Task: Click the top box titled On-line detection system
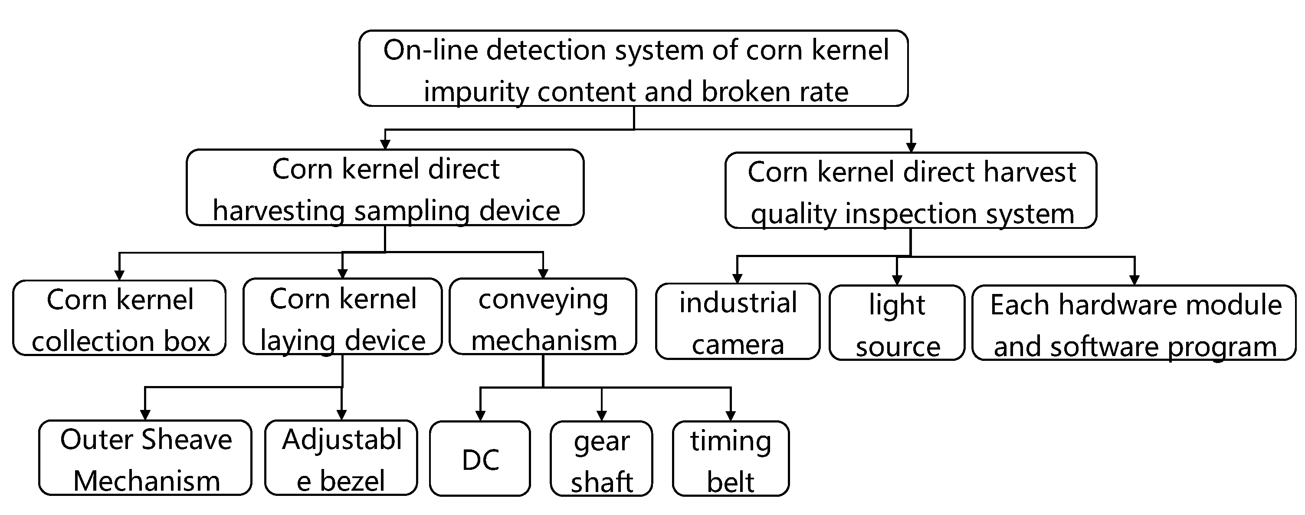(633, 69)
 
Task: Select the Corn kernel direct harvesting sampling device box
(385, 188)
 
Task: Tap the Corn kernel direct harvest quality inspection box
(911, 191)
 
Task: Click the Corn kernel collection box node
(120, 318)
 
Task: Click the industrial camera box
(738, 322)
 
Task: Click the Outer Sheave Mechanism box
(145, 458)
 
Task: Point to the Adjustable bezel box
(341, 458)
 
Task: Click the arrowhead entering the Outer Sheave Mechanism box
(145, 415)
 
